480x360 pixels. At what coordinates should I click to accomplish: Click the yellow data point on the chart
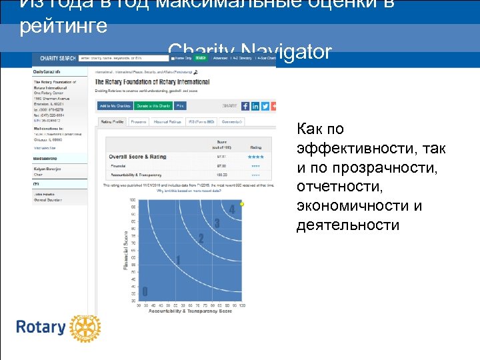point(242,203)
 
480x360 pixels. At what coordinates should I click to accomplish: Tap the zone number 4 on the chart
point(232,210)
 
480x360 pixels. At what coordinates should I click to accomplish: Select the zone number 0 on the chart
point(145,291)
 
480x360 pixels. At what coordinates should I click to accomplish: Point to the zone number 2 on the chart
point(201,238)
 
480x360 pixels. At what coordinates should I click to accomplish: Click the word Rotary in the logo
point(41,328)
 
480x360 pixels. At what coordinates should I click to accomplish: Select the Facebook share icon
point(245,106)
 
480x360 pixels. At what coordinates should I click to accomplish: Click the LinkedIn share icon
point(255,106)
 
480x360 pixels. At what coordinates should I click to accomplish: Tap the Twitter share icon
point(265,106)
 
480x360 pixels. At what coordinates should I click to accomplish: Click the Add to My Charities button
point(115,106)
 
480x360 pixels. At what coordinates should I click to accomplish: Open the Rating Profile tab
point(112,122)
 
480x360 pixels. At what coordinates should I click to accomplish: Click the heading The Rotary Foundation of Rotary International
point(153,82)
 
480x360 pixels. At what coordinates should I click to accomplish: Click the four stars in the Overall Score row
point(256,157)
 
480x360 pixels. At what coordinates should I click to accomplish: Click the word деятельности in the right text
point(348,225)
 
